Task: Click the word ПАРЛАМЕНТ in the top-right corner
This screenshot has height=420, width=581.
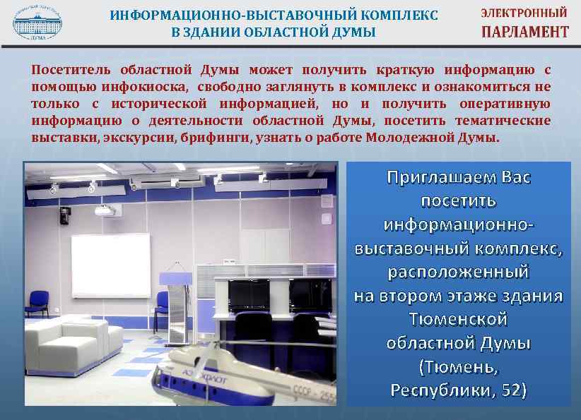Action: click(524, 32)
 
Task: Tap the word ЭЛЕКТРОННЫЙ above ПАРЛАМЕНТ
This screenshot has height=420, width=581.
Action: click(524, 13)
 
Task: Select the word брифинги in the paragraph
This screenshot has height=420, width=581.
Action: click(216, 138)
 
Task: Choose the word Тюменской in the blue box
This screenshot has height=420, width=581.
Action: click(458, 319)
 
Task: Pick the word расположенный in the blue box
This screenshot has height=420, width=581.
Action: click(458, 271)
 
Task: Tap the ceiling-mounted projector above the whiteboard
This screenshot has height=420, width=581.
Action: click(104, 210)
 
